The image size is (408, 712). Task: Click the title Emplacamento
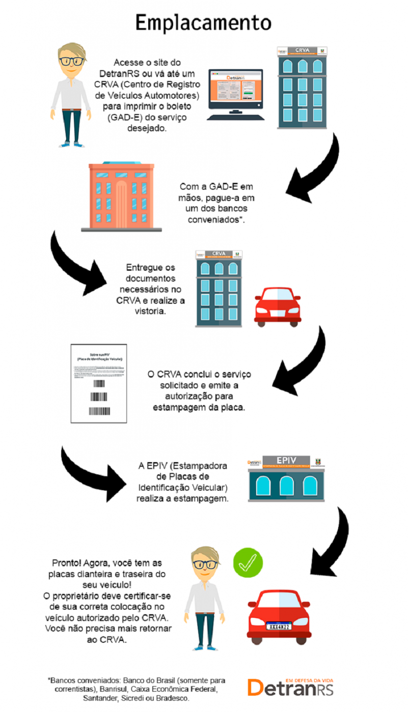point(203,22)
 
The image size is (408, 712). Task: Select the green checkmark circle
point(248,561)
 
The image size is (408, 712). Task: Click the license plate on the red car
point(279,625)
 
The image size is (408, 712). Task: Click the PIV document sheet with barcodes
point(99,383)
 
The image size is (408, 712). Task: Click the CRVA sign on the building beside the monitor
point(302,50)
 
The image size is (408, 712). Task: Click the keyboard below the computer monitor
point(235,117)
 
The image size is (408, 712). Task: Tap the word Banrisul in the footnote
point(115,689)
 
